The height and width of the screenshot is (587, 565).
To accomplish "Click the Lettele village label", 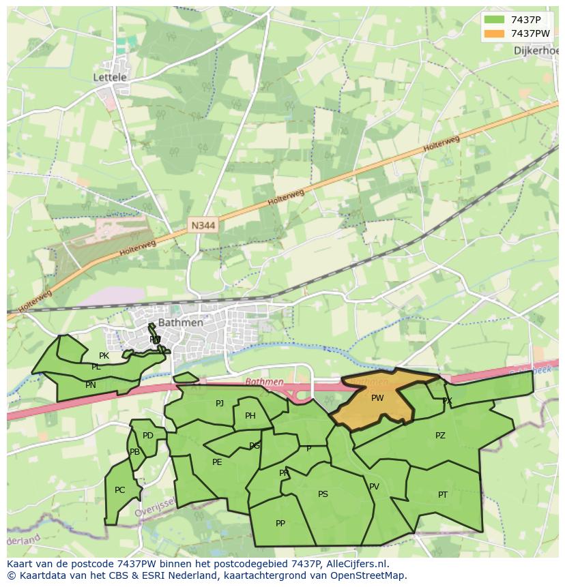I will click(x=110, y=78).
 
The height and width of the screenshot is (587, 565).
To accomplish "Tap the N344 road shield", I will click(x=203, y=225).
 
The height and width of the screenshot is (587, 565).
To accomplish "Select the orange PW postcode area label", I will click(x=377, y=398).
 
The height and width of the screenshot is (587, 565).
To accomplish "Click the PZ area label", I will click(x=440, y=436).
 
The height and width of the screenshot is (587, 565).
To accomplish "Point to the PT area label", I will click(x=443, y=495).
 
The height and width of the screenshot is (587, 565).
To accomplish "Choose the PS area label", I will click(x=323, y=494).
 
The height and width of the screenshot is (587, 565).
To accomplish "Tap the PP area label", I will click(x=280, y=524).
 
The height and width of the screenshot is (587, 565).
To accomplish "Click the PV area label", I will click(x=374, y=487).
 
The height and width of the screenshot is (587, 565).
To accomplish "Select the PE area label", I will click(x=217, y=462).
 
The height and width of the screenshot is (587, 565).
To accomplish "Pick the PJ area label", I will click(x=220, y=404).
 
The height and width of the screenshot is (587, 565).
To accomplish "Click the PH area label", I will click(x=250, y=417).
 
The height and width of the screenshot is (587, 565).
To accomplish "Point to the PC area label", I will click(x=119, y=490).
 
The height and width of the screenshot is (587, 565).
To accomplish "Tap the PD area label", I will click(x=148, y=436).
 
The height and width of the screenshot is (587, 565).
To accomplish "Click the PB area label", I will click(x=135, y=452).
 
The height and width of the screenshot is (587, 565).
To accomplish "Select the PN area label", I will click(x=91, y=385).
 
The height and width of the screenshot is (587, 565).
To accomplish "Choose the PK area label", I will click(x=104, y=356).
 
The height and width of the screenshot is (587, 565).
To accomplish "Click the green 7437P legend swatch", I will click(x=495, y=20).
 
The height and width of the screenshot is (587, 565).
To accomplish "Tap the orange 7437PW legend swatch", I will click(x=495, y=33).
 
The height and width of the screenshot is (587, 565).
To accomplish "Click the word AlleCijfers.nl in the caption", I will click(x=355, y=564).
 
